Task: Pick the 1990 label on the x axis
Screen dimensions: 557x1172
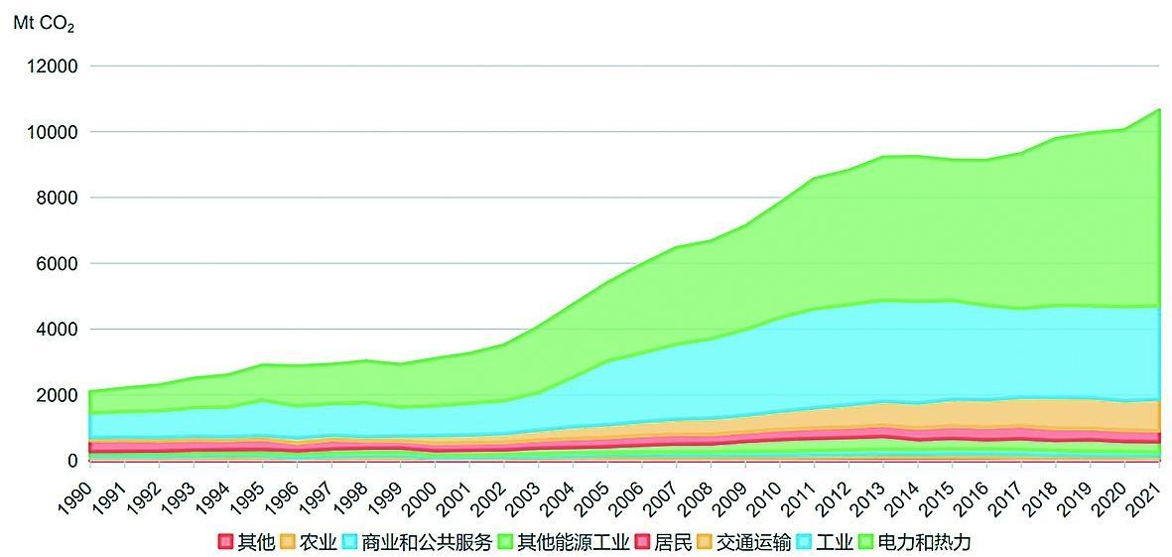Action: (x=78, y=491)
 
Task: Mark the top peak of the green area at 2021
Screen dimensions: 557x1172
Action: (x=1159, y=109)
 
